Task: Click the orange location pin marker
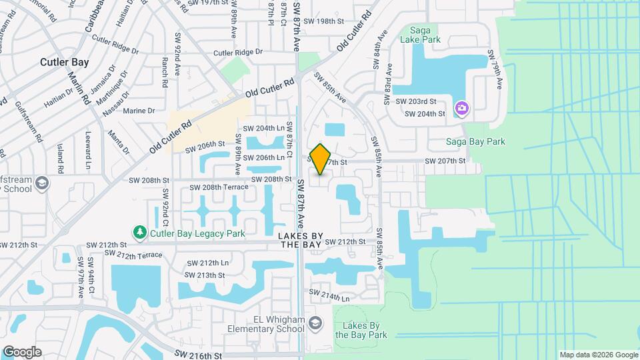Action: pos(320,159)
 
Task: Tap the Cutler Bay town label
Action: pos(65,62)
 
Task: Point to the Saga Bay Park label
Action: pos(475,141)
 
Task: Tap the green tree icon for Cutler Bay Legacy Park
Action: pos(140,233)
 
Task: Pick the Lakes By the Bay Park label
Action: pos(360,330)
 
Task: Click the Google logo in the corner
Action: pos(22,352)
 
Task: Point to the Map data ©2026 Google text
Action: pos(598,355)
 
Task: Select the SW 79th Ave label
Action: pos(494,69)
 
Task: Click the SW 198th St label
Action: pos(323,21)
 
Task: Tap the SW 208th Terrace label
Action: pos(216,187)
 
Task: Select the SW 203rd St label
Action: pos(415,101)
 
